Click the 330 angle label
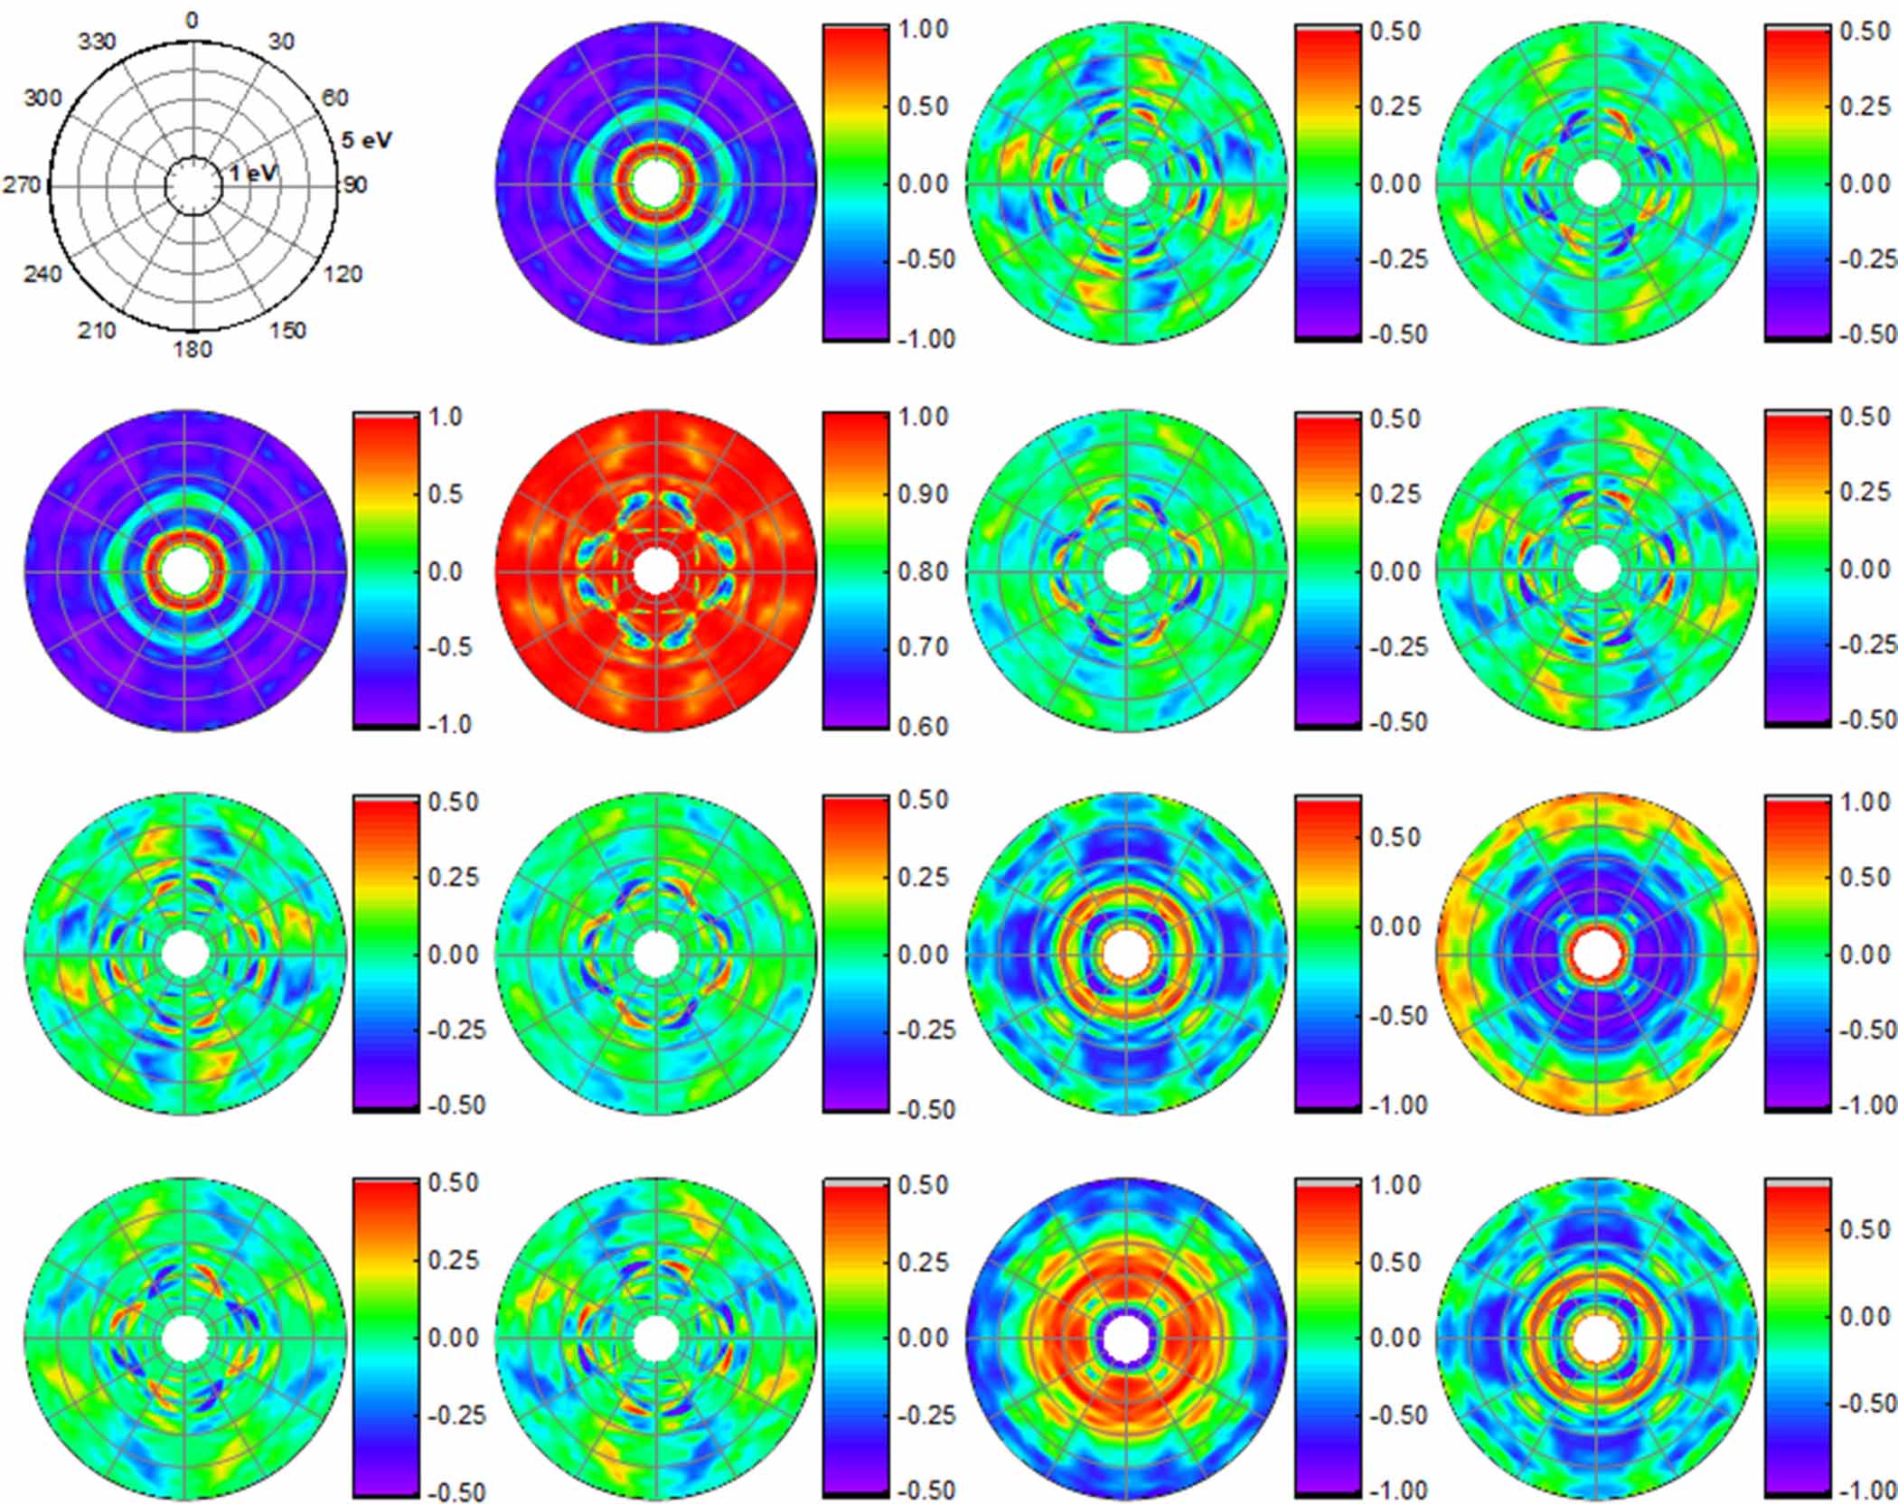(x=97, y=42)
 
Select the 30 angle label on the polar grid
(x=281, y=42)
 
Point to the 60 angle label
(x=334, y=98)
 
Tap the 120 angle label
(x=343, y=275)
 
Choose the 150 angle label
(x=287, y=331)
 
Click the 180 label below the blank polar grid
(x=193, y=350)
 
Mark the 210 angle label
(x=97, y=331)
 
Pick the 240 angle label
(x=42, y=275)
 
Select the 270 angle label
(x=22, y=185)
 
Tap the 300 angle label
(x=42, y=98)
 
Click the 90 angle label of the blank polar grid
(x=354, y=185)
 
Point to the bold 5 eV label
(x=366, y=141)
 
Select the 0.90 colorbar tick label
(x=923, y=494)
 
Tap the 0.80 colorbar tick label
(x=923, y=571)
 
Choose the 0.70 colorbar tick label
(x=923, y=647)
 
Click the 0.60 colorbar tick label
(x=923, y=726)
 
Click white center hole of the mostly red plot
(x=656, y=571)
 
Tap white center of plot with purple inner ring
(x=1126, y=1339)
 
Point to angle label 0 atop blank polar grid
(x=192, y=21)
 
